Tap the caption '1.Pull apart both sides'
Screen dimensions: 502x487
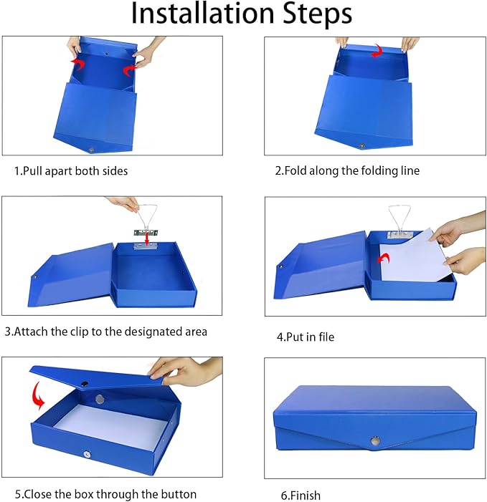click(x=71, y=171)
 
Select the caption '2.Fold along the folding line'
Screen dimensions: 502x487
click(x=348, y=170)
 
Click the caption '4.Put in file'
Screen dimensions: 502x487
click(x=306, y=336)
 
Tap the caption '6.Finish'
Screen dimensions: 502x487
click(x=301, y=495)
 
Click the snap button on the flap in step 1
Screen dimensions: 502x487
click(x=91, y=148)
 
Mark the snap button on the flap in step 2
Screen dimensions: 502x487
click(x=361, y=145)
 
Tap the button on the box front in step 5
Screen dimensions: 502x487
click(x=87, y=454)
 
